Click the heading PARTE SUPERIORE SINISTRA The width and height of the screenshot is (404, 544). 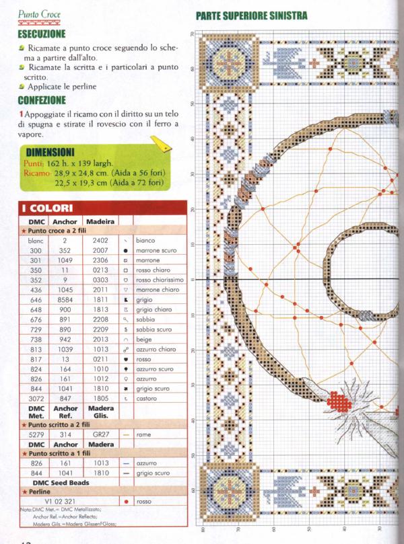251,15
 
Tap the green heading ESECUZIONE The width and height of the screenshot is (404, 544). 41,33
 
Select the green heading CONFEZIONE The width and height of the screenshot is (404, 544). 42,101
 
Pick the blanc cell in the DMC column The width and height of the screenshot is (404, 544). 36,240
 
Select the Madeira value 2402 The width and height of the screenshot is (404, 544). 100,240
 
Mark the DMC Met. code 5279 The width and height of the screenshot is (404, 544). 36,435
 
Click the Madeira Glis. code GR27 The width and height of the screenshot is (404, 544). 100,435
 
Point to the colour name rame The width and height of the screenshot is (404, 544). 143,435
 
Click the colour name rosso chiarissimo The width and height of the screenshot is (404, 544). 160,279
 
